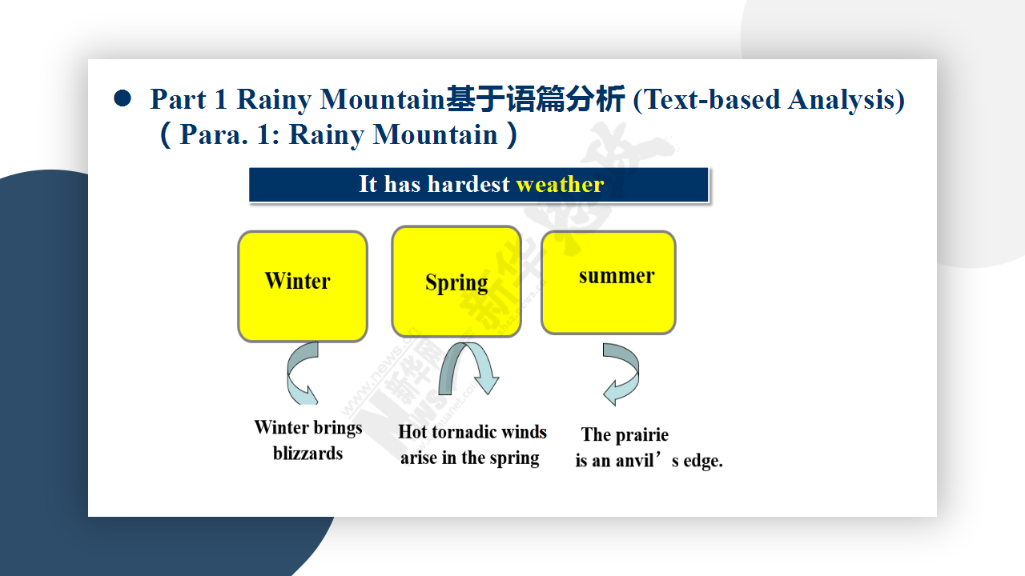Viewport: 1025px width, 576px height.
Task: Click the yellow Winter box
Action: coord(303,286)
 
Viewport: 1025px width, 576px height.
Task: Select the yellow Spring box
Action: coord(456,282)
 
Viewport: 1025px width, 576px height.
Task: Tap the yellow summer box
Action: coord(608,282)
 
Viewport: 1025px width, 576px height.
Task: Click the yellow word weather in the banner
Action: coord(560,184)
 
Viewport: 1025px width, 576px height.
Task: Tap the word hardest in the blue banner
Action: coord(468,184)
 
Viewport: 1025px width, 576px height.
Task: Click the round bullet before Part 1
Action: coord(123,98)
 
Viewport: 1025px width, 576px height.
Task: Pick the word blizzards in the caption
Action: coord(307,454)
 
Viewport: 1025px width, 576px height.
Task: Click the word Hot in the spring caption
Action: coord(412,432)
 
